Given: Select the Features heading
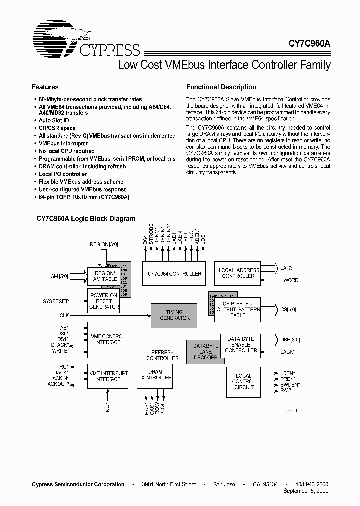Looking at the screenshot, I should (45, 87).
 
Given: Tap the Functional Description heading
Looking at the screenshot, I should (221, 87).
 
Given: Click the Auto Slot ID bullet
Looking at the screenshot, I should (54, 121).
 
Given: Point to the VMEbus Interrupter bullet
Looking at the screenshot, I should (63, 143).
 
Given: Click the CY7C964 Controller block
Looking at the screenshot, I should (174, 274).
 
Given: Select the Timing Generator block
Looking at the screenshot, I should (174, 315).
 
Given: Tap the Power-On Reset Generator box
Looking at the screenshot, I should (104, 302).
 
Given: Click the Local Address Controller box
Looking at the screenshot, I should (239, 273).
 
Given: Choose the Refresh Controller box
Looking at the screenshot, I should (162, 355).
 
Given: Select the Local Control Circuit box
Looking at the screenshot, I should (243, 381).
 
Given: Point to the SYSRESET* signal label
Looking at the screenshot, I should (55, 302).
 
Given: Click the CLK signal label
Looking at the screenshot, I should (64, 315).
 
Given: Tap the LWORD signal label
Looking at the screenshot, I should (289, 281).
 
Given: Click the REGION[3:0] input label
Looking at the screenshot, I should (104, 245).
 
